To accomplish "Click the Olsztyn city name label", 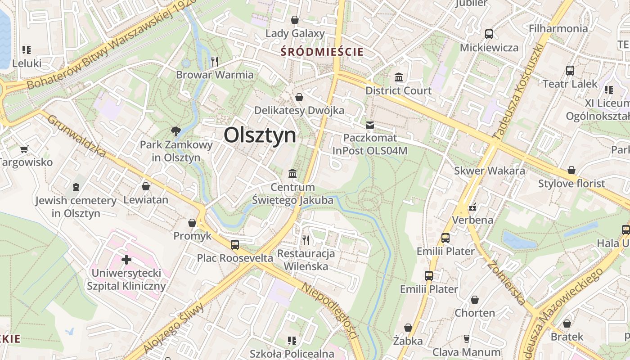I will pos(260,135).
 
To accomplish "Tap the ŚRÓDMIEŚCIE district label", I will pos(322,52).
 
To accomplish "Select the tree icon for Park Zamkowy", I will pos(175,131).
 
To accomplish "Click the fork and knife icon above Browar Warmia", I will pos(215,61).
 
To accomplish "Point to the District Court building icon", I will pos(399,77).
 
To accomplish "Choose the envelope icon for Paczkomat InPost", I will pos(370,125).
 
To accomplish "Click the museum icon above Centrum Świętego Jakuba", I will pos(292,173).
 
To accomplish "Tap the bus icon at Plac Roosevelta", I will pos(235,244).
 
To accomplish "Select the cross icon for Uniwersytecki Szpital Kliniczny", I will pos(126,259).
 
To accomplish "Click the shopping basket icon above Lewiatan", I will pos(146,186).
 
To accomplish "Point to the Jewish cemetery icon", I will pos(76,187).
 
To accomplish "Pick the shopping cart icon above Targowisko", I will pos(24,148).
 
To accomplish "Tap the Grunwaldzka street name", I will pos(76,136).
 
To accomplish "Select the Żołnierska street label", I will pos(506,283).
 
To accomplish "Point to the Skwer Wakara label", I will pos(490,171).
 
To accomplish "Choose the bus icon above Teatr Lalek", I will pos(570,70).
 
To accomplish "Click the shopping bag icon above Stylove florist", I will pos(571,170).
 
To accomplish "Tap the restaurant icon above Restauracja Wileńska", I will pos(306,240).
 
